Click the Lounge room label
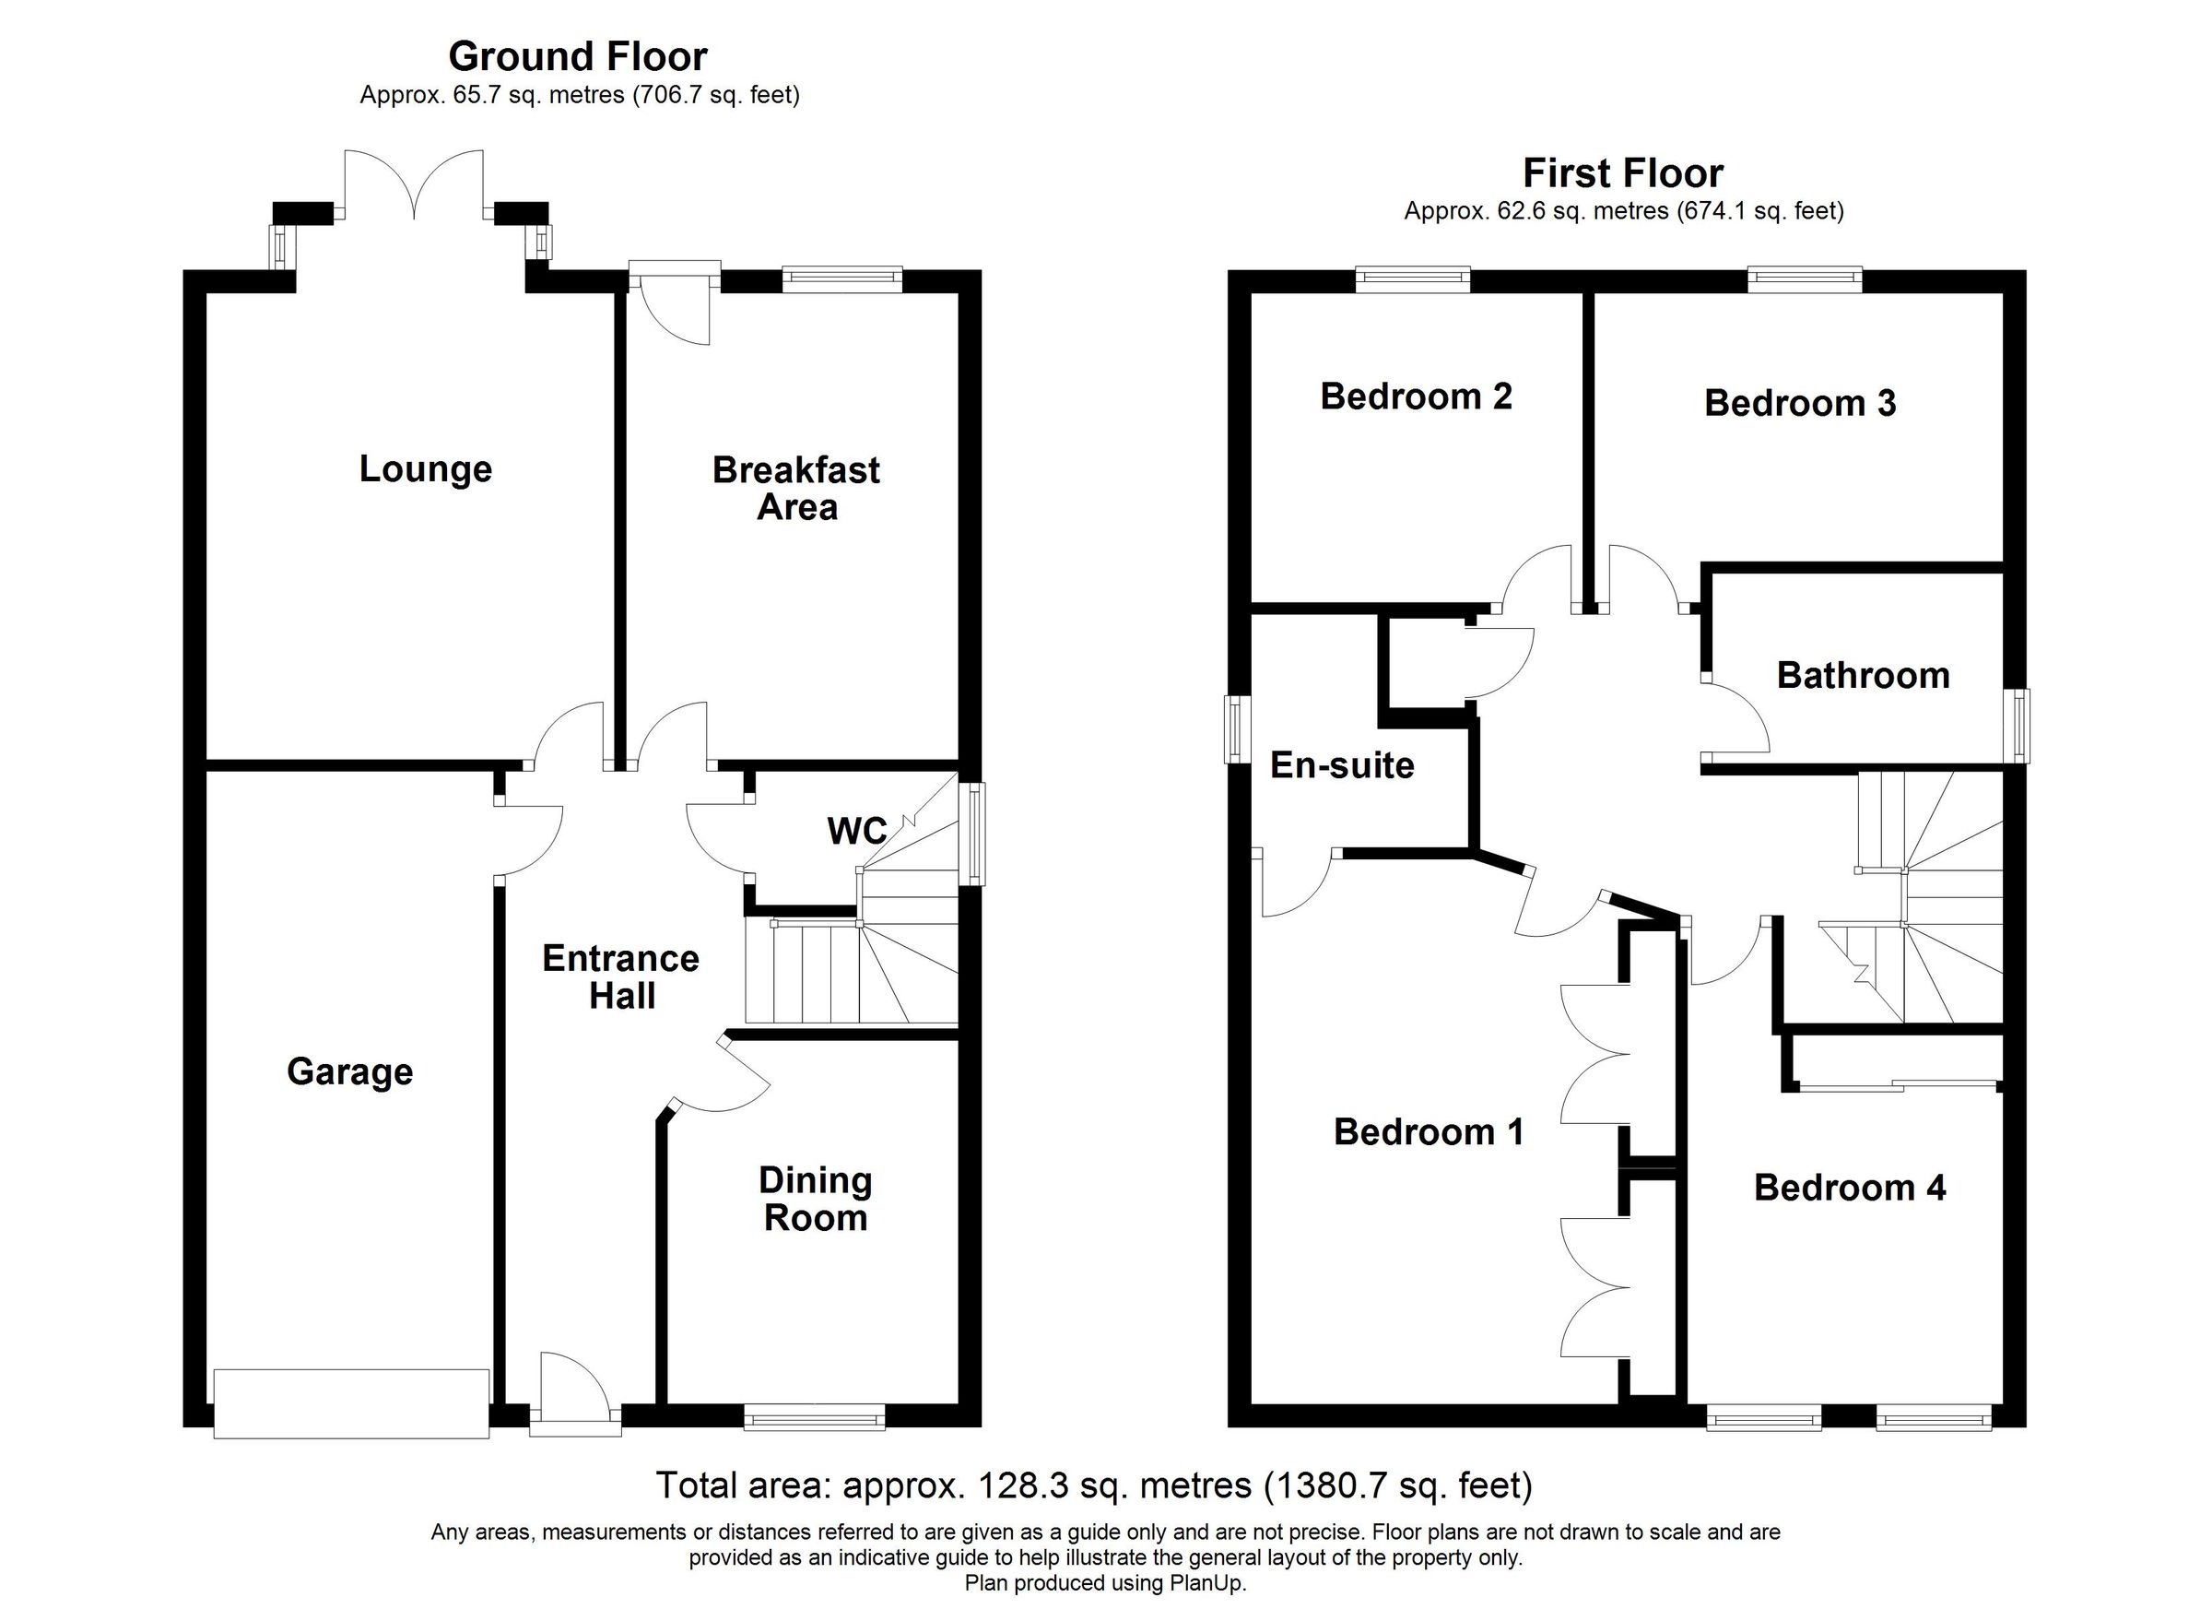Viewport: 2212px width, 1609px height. tap(425, 469)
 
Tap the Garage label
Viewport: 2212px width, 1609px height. tap(349, 1071)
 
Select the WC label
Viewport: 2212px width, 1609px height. tap(856, 832)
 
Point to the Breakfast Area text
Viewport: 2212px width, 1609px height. tap(795, 488)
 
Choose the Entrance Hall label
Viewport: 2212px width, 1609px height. tap(621, 976)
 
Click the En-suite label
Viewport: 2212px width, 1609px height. tap(1342, 765)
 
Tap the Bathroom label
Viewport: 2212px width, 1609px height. tap(1863, 675)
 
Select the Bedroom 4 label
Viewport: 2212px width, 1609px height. tap(1849, 1188)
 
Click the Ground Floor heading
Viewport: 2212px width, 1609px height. tap(577, 56)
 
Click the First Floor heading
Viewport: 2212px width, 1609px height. tap(1623, 173)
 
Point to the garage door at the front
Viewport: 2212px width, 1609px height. tap(351, 1403)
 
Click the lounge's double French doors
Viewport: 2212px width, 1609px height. tap(415, 185)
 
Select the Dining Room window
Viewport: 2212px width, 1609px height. tap(815, 1417)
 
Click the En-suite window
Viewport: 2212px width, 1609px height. tap(1235, 728)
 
